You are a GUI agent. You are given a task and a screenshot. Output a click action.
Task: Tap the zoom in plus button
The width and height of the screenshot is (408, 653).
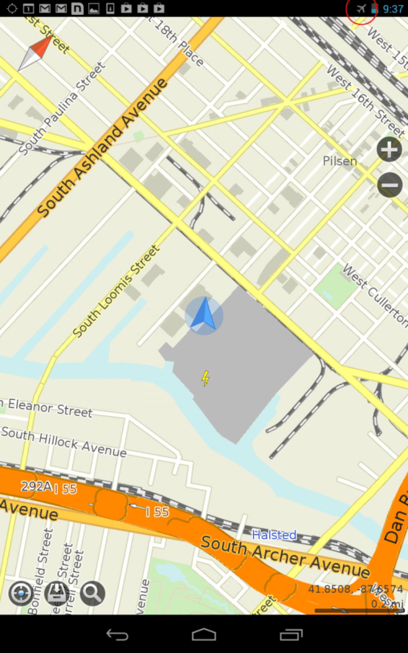389,150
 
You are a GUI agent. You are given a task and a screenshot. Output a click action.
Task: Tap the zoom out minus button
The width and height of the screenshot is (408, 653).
390,185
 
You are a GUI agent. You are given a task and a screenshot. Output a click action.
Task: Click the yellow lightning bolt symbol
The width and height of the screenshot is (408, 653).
205,379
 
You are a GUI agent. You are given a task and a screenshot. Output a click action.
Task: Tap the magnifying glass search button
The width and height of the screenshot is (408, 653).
92,593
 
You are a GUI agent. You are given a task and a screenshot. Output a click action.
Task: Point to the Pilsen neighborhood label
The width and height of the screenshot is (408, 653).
340,161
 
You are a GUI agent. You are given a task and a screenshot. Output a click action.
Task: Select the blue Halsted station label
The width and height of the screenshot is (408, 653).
274,535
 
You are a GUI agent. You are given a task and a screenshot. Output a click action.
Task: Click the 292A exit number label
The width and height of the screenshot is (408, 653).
36,486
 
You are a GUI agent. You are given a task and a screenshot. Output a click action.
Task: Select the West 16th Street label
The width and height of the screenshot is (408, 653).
366,101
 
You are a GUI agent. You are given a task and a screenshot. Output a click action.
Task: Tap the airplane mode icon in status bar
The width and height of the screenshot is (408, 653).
361,9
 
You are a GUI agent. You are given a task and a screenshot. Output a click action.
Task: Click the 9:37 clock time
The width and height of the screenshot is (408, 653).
393,9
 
